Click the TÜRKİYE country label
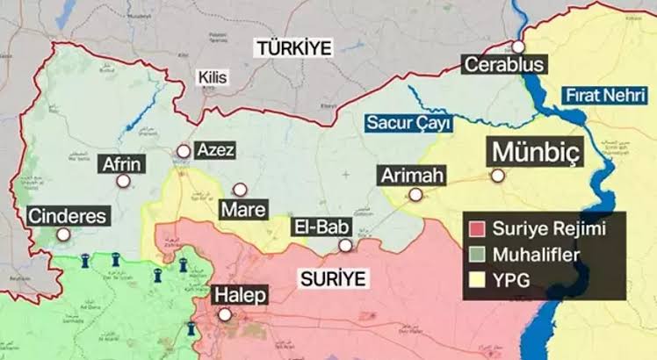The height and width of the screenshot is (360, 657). pos(294,47)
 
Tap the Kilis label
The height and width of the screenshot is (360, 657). pos(212,78)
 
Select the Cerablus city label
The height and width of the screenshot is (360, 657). pos(504,65)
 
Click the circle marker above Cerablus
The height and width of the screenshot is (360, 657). pos(518,46)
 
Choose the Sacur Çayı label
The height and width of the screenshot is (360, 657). pos(406,123)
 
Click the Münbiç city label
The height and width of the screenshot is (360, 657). pos(535,153)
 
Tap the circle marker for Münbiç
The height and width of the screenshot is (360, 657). pos(497,176)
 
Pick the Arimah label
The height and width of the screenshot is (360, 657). pos(412,176)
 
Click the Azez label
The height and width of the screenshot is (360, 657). pos(214,150)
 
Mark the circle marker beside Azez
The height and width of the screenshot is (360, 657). pos(183,151)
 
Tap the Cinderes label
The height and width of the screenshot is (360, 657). pos(68,215)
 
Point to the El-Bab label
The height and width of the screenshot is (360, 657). pos(320,227)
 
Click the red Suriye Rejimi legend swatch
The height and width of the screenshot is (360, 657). pos(478,230)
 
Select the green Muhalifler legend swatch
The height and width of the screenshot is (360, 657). pos(478,256)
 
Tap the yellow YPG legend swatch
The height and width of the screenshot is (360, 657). pos(478,281)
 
